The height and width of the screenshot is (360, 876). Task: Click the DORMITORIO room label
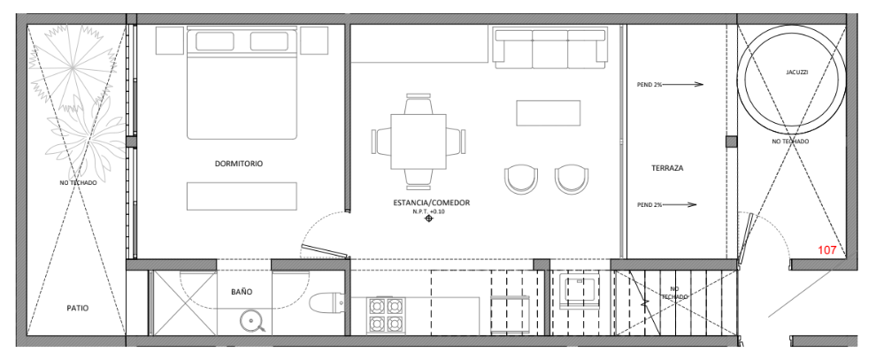[x=239, y=165]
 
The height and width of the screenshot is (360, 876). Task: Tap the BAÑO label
[x=242, y=292]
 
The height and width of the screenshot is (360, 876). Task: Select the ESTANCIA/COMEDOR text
[x=431, y=203]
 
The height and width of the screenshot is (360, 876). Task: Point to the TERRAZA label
[x=667, y=167]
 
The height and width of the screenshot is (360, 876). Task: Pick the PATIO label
[x=78, y=308]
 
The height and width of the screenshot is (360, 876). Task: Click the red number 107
[x=826, y=250]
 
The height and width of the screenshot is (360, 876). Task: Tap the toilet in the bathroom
[x=327, y=303]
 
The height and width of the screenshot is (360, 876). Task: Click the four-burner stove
[x=385, y=316]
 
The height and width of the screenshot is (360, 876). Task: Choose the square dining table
[x=419, y=142]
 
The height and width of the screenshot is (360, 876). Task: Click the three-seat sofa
[x=550, y=49]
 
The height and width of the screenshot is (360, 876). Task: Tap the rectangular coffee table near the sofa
[x=548, y=112]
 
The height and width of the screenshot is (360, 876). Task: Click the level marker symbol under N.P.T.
[x=429, y=218]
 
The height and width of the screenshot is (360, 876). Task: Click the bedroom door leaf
[x=325, y=251]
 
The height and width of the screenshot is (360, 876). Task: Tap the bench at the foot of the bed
[x=242, y=195]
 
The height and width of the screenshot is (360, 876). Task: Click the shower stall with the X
[x=185, y=303]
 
